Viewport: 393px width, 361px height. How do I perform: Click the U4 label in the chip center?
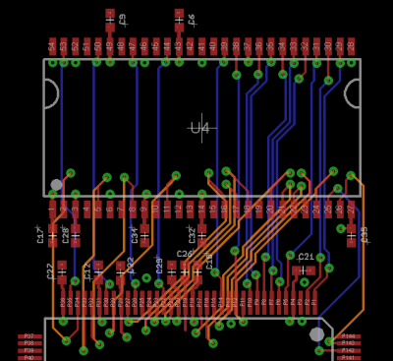(199, 128)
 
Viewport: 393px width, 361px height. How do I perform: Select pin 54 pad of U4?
(52, 45)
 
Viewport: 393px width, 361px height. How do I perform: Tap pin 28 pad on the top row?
(351, 45)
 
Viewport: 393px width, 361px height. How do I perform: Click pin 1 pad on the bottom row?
(52, 209)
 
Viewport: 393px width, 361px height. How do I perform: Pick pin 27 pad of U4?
(351, 209)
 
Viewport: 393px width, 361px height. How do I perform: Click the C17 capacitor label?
(41, 234)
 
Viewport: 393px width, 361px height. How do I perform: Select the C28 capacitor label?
(66, 234)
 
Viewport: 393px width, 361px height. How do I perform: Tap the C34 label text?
(135, 234)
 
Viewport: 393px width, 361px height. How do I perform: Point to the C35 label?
(364, 234)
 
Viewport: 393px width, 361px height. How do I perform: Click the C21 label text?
(307, 257)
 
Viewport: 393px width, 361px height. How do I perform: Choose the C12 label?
(87, 271)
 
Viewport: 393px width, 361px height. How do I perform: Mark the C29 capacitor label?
(159, 265)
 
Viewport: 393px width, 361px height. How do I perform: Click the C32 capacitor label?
(193, 234)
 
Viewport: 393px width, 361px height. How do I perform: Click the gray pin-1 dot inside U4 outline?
(56, 184)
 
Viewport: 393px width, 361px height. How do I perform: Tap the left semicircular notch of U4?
(50, 93)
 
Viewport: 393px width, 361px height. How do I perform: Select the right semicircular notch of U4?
(353, 93)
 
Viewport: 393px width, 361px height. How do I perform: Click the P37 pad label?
(28, 335)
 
